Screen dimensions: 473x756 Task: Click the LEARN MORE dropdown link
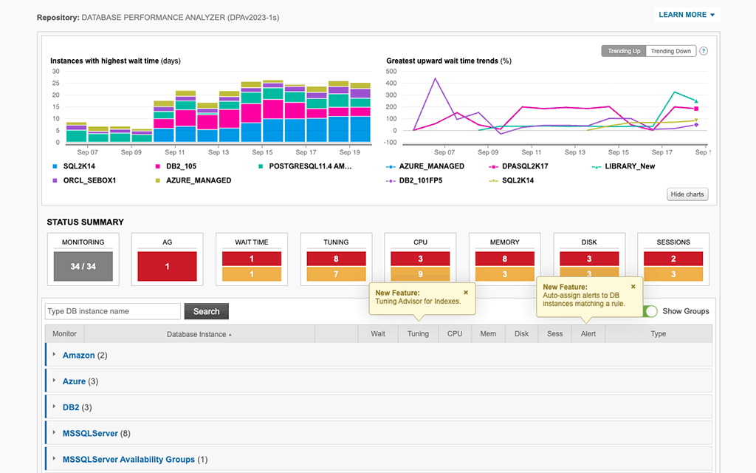pyautogui.click(x=686, y=15)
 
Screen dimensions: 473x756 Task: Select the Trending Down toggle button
pyautogui.click(x=670, y=51)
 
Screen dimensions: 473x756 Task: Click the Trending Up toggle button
pyautogui.click(x=624, y=51)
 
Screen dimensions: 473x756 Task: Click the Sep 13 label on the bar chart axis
pyautogui.click(x=219, y=152)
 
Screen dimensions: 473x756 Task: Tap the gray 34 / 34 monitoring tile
pyautogui.click(x=83, y=267)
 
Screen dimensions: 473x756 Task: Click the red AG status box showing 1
pyautogui.click(x=167, y=267)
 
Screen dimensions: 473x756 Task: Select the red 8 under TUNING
pyautogui.click(x=336, y=259)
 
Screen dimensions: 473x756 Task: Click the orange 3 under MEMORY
pyautogui.click(x=504, y=275)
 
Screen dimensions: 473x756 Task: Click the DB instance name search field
pyautogui.click(x=112, y=311)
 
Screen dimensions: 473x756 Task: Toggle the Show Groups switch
pyautogui.click(x=650, y=311)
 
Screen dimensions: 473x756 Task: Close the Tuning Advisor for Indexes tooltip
pyautogui.click(x=466, y=293)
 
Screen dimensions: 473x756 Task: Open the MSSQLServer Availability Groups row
pyautogui.click(x=128, y=459)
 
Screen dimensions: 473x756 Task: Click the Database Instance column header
pyautogui.click(x=199, y=334)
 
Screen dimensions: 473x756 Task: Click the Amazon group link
pyautogui.click(x=78, y=355)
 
